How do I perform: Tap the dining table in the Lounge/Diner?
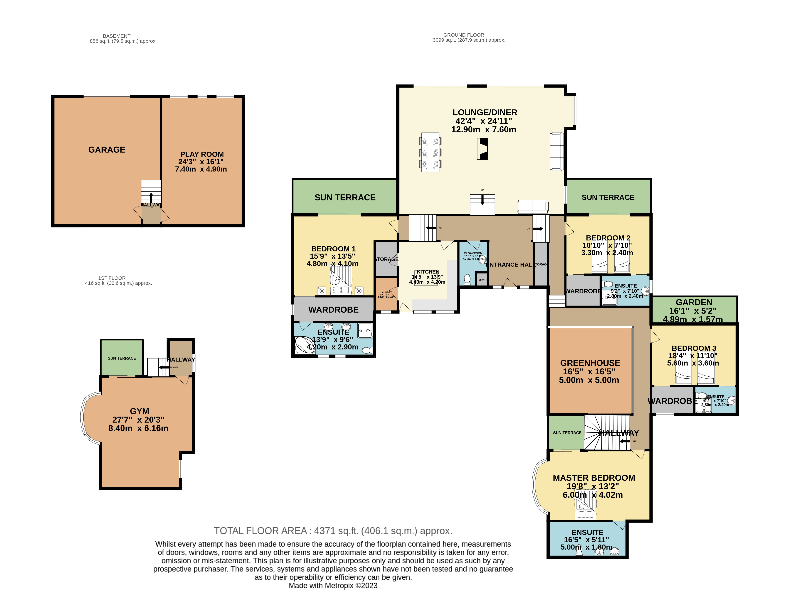pos(430,152)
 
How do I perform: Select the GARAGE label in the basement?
pos(107,150)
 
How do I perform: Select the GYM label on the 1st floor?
pos(139,411)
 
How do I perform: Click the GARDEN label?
pos(694,302)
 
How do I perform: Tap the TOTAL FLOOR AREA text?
pos(333,531)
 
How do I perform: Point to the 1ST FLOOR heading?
pos(112,278)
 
